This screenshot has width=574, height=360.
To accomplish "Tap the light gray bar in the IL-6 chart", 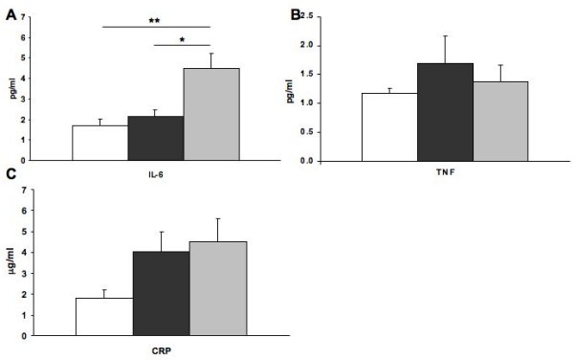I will pos(210,114).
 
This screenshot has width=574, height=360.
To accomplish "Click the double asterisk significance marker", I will pos(154,19).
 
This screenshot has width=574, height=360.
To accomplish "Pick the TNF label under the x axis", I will pos(446,178).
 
